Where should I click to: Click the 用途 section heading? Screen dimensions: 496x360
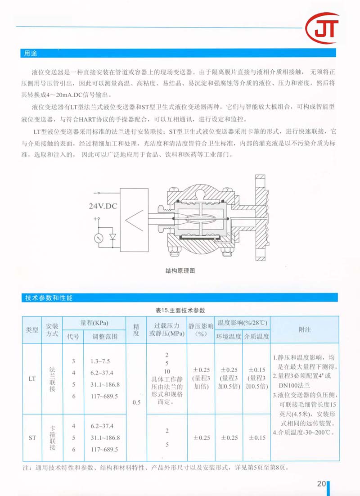click(x=31, y=53)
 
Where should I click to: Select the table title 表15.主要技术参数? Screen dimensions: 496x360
click(x=180, y=311)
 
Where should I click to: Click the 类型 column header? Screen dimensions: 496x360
click(x=32, y=330)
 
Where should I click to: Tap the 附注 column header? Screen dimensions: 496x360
click(x=305, y=329)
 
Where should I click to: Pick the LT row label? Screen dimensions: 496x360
click(x=32, y=379)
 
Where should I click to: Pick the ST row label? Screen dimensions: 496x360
click(x=32, y=437)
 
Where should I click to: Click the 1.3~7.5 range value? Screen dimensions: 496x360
click(x=100, y=361)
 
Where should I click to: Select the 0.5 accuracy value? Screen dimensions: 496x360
click(x=136, y=403)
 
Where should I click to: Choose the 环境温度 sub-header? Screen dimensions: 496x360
click(x=229, y=336)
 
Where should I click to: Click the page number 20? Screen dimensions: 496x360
click(x=321, y=484)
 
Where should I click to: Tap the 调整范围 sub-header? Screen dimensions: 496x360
click(x=105, y=336)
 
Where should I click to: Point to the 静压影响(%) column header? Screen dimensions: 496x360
click(x=200, y=329)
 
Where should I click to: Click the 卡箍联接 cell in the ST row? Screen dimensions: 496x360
click(x=52, y=437)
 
